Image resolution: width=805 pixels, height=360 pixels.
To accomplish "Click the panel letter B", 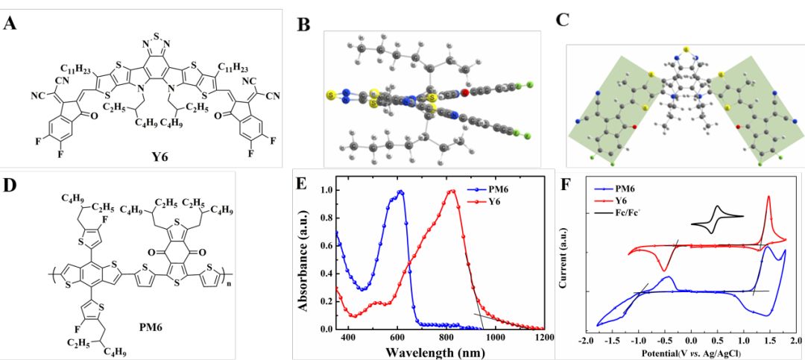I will click(x=303, y=25).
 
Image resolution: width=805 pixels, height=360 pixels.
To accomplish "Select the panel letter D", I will click(x=10, y=183).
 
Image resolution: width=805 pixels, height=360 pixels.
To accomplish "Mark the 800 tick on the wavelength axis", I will click(x=446, y=337).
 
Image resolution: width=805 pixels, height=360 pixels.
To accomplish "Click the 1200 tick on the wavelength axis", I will click(x=543, y=337).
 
